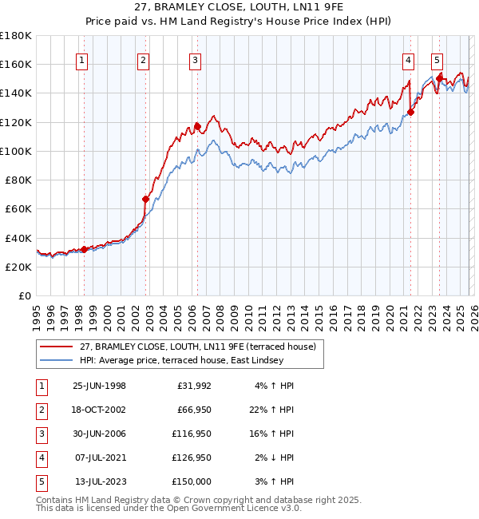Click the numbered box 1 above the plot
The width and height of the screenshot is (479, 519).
84,59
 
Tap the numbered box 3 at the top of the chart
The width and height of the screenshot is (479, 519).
196,59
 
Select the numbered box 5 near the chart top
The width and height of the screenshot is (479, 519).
437,59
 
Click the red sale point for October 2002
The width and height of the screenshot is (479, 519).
146,199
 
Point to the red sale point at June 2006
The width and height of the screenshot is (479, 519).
197,126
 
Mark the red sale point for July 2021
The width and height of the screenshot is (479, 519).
410,112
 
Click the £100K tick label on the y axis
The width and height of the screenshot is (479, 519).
16,151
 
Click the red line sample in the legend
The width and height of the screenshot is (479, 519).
57,347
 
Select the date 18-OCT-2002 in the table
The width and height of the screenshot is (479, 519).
99,410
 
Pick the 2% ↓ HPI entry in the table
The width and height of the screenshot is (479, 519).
275,458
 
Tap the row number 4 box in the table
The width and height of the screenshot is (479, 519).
41,458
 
